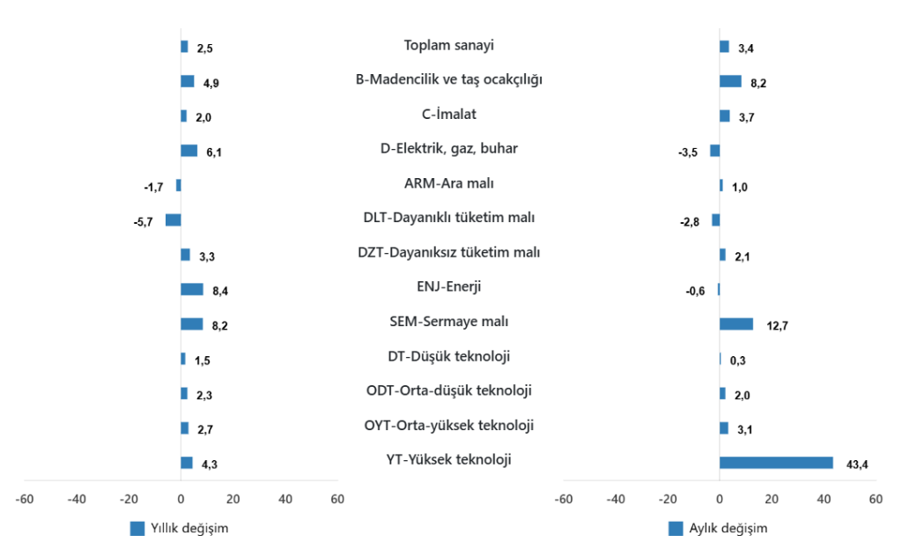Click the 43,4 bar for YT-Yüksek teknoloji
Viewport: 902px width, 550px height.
coord(775,463)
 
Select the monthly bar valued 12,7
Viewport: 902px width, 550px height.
coord(736,324)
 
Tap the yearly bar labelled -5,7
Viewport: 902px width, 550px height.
coord(173,220)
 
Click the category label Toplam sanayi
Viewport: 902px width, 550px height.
coord(448,45)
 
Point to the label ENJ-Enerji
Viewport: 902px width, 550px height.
coord(448,286)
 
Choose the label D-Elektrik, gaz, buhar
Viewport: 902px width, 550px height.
coord(448,148)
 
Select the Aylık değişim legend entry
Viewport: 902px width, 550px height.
coord(717,529)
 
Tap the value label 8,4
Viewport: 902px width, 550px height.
coord(221,291)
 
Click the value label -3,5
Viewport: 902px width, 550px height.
coord(688,152)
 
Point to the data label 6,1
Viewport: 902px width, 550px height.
coord(214,152)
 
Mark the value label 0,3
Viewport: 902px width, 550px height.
coord(740,360)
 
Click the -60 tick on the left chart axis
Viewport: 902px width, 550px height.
coord(25,499)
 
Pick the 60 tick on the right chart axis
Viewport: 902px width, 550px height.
coord(876,499)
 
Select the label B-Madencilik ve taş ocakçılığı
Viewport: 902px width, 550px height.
coord(448,79)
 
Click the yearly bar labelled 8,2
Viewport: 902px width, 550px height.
coord(191,324)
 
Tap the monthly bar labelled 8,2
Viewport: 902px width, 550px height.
coord(730,81)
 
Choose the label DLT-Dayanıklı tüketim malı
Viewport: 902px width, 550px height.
coord(448,218)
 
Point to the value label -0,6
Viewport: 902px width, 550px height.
coord(695,291)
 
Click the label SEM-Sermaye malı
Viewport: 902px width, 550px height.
coord(448,322)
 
